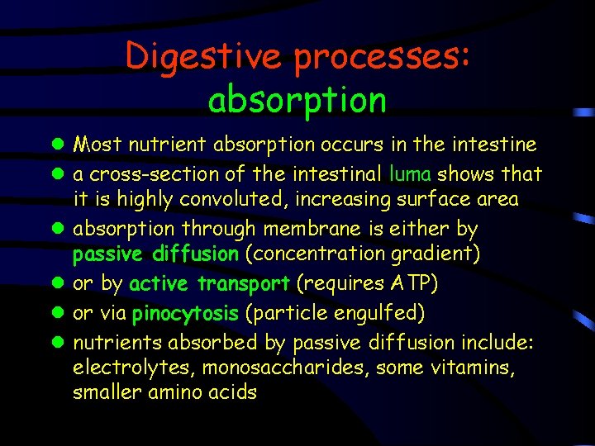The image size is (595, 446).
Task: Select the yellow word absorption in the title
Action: tap(297, 100)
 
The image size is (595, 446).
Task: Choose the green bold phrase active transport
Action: tap(209, 284)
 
